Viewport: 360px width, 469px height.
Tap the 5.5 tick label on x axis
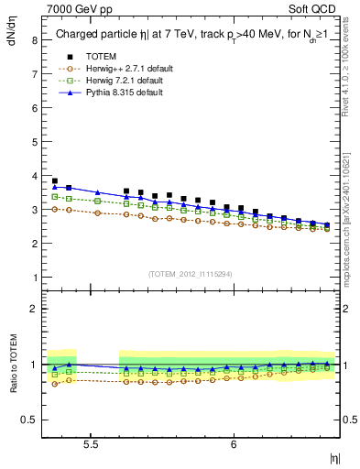pos(92,443)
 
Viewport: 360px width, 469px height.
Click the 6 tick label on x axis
pos(234,443)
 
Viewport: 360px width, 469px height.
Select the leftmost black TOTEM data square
pos(55,181)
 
